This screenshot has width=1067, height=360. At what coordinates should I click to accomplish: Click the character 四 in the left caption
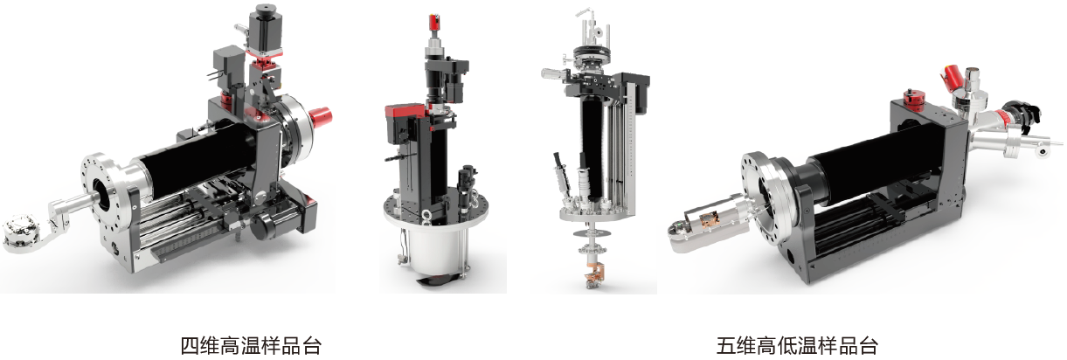click(x=190, y=346)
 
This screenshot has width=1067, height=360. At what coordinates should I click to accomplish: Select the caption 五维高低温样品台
click(x=797, y=346)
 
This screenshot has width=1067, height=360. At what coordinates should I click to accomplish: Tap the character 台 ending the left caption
click(x=312, y=346)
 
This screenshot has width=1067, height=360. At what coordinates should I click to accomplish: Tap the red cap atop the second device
click(x=434, y=23)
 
